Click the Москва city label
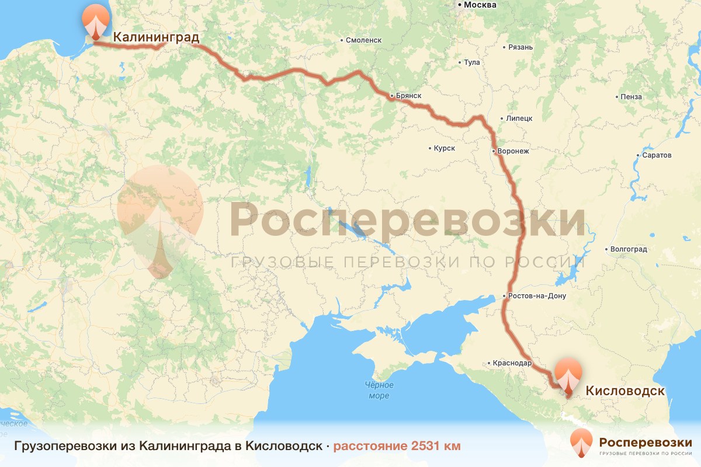pos(480,5)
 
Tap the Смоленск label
pos(363,40)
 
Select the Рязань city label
pos(520,47)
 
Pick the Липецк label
pos(519,118)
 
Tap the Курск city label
pos(444,148)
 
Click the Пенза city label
pos(632,97)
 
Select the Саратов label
pos(656,156)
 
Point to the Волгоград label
pos(628,249)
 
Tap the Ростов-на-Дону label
pos(536,296)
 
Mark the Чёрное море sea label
pos(379,391)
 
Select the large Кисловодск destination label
pos(625,391)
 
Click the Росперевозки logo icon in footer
pos(581,444)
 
